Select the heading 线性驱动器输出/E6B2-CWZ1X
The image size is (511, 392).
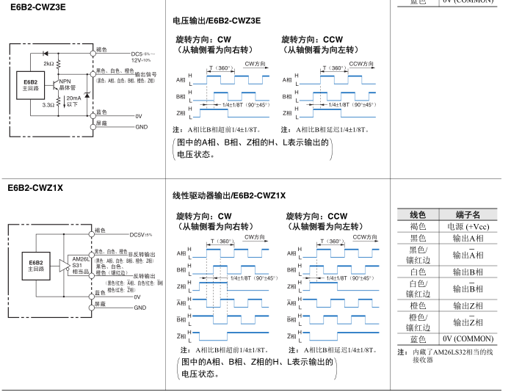click(228, 195)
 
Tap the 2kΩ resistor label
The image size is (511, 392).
click(48, 64)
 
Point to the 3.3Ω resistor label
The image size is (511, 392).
click(48, 105)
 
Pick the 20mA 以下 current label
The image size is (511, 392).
click(73, 101)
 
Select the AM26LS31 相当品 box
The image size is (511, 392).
click(80, 264)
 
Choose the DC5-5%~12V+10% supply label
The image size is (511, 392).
click(144, 57)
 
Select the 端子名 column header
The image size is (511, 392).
click(467, 214)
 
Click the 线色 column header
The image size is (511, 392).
click(417, 214)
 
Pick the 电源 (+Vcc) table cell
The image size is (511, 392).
click(467, 226)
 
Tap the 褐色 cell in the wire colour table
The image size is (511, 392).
click(417, 226)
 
